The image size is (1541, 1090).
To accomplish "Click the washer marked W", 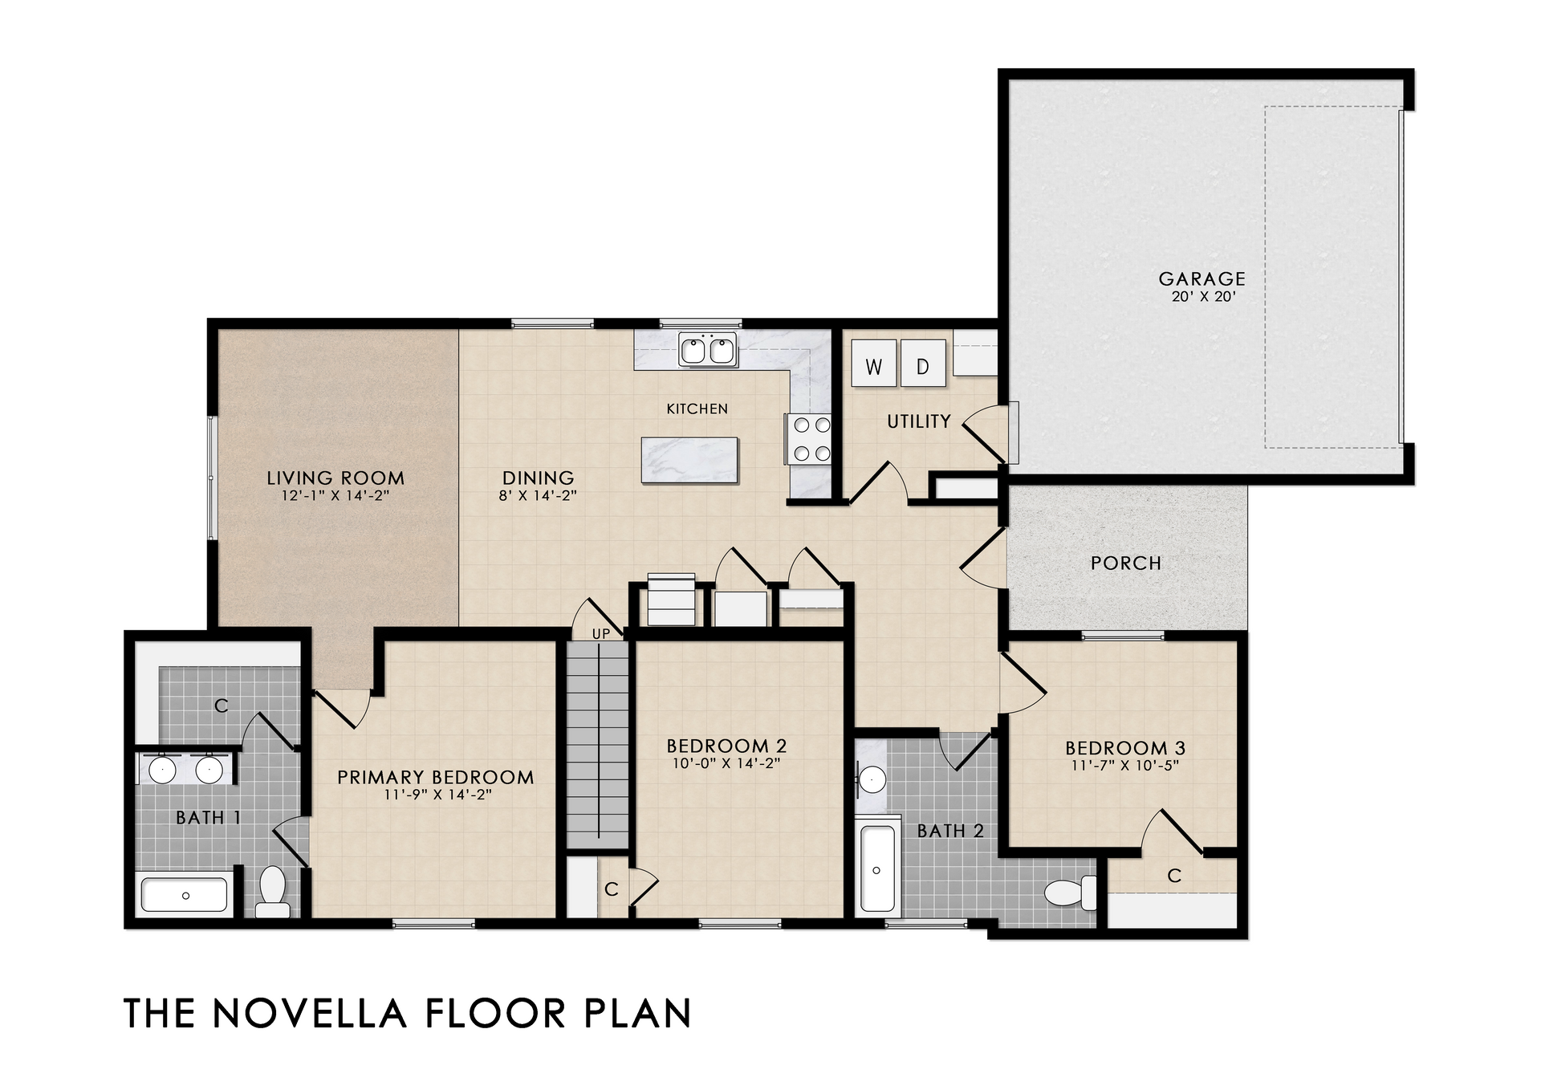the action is pyautogui.click(x=873, y=364).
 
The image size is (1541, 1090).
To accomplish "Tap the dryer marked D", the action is pyautogui.click(x=923, y=364).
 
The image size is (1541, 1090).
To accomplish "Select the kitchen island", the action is pyautogui.click(x=689, y=460).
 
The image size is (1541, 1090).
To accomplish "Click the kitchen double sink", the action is pyautogui.click(x=708, y=350).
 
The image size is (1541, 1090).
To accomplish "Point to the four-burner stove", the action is pyautogui.click(x=811, y=439).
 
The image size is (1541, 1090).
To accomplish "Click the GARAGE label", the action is pyautogui.click(x=1201, y=279).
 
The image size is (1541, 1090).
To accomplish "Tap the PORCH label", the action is pyautogui.click(x=1126, y=563).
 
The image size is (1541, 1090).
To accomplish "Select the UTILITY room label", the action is pyautogui.click(x=919, y=421).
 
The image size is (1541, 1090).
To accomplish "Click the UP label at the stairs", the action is pyautogui.click(x=601, y=633).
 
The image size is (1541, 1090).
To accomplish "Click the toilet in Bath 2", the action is pyautogui.click(x=1071, y=893).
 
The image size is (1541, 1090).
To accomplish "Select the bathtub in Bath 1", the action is pyautogui.click(x=185, y=896).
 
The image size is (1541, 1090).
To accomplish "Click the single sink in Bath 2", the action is pyautogui.click(x=872, y=779).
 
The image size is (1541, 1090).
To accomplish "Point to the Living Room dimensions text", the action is pyautogui.click(x=335, y=495).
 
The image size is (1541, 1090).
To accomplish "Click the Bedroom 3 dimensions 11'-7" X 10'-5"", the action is pyautogui.click(x=1125, y=765).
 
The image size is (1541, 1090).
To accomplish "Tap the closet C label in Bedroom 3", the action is pyautogui.click(x=1174, y=876).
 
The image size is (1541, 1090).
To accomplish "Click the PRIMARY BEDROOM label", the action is pyautogui.click(x=436, y=777).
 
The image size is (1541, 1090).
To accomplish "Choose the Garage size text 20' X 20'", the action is pyautogui.click(x=1201, y=296).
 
